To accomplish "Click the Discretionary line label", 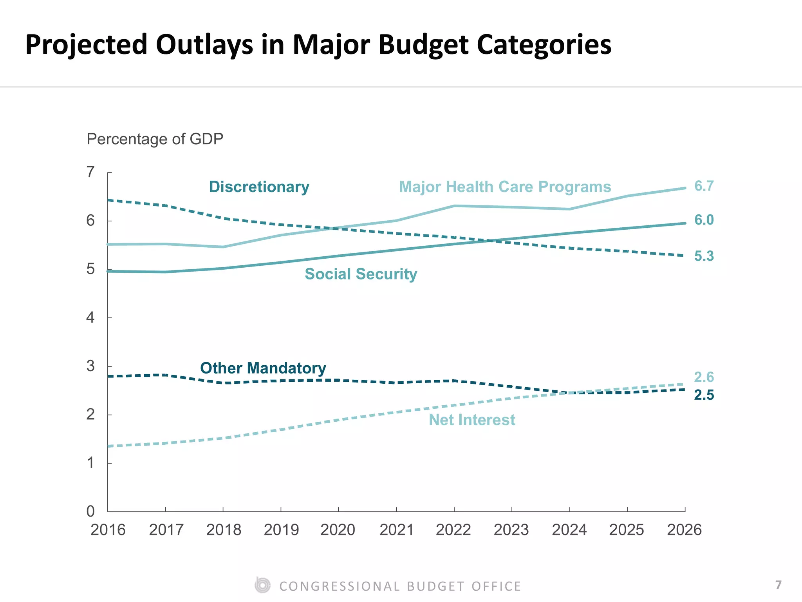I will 259,187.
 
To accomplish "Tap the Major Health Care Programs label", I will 505,187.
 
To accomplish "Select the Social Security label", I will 361,274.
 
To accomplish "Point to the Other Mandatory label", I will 263,368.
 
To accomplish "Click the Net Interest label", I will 471,420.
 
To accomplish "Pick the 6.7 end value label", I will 704,186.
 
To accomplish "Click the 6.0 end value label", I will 704,220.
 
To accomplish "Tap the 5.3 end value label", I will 704,256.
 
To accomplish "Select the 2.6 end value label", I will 704,377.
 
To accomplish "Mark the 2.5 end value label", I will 704,395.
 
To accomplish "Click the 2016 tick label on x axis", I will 108,530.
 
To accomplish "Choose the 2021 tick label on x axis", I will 396,530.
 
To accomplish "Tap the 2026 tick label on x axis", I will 684,530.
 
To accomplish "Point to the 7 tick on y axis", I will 90,172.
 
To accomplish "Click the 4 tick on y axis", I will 90,317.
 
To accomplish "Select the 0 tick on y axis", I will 90,511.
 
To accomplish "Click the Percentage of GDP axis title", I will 155,139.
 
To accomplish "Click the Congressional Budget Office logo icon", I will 262,586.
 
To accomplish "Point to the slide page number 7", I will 779,585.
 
